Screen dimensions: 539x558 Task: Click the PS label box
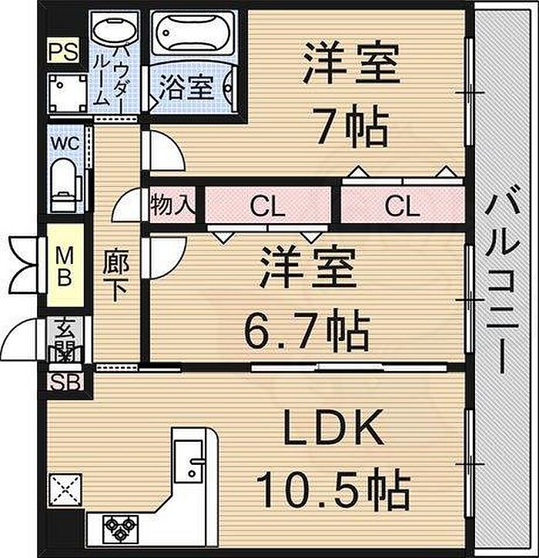tap(63, 51)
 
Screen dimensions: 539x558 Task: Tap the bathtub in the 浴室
tap(193, 33)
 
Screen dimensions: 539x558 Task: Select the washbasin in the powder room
tap(115, 33)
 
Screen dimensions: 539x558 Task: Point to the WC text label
tap(65, 143)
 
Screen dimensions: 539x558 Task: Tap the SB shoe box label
tap(65, 383)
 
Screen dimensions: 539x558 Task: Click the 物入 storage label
tap(172, 205)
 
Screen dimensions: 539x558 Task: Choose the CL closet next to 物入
tap(268, 205)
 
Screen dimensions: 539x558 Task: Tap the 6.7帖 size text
tap(306, 330)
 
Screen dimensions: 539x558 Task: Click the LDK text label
tap(333, 426)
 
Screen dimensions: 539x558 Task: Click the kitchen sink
tap(189, 461)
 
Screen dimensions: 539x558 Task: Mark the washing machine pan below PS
tap(67, 93)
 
